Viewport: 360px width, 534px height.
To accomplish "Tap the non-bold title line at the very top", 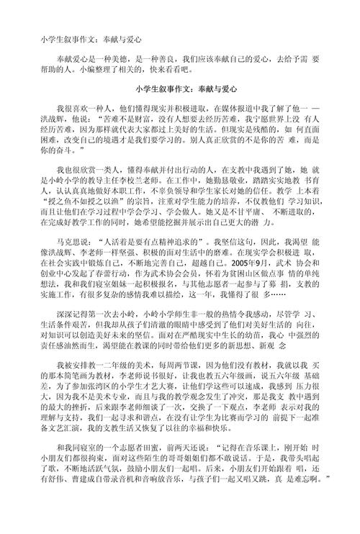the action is (x=90, y=34).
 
